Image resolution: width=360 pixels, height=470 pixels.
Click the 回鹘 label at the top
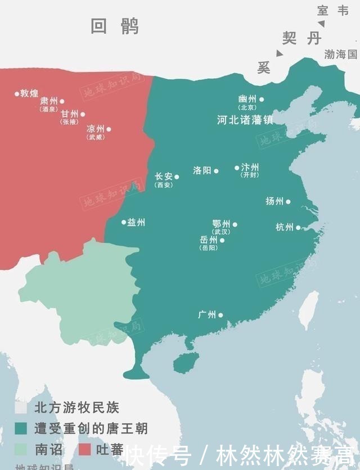115,26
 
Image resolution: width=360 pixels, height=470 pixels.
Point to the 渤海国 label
341,55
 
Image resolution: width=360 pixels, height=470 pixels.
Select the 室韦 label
333,10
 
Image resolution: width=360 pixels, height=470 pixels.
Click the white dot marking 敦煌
17,93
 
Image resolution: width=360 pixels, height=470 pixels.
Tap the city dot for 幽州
262,100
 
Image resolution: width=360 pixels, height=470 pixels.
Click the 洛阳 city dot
217,170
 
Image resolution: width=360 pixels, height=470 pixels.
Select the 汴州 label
250,167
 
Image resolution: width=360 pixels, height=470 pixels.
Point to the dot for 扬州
289,201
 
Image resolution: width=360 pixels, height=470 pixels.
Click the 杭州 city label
284,227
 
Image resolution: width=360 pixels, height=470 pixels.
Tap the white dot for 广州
220,315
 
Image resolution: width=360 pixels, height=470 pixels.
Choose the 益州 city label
136,222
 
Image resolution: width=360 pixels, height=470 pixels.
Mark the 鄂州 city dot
235,224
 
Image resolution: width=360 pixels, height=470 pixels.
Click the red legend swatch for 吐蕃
85,449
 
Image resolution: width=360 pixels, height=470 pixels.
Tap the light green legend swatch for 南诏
21,449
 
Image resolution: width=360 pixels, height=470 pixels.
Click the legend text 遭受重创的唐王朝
91,428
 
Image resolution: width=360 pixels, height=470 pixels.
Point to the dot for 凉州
109,129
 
